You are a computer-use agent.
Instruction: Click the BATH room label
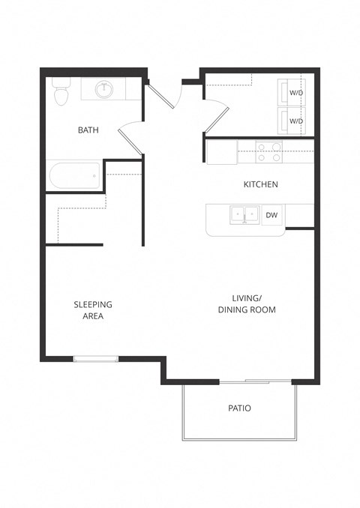pyautogui.click(x=88, y=130)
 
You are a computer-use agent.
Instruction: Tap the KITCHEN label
pyautogui.click(x=261, y=184)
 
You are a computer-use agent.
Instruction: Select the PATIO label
pyautogui.click(x=239, y=408)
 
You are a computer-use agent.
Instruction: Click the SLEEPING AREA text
pyautogui.click(x=93, y=310)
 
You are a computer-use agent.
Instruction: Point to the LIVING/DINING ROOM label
pyautogui.click(x=247, y=303)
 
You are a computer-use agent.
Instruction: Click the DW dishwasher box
pyautogui.click(x=271, y=216)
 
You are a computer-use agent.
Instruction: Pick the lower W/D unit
pyautogui.click(x=295, y=121)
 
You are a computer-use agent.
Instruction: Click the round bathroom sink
pyautogui.click(x=104, y=90)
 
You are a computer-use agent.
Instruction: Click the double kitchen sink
pyautogui.click(x=244, y=215)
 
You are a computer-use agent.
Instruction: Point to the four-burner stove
pyautogui.click(x=269, y=152)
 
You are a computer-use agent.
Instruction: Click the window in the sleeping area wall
pyautogui.click(x=95, y=360)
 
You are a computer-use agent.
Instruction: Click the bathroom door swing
pyautogui.click(x=130, y=140)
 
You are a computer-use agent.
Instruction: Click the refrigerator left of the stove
pyautogui.click(x=223, y=152)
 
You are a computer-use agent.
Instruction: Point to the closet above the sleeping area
pyautogui.click(x=75, y=217)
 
